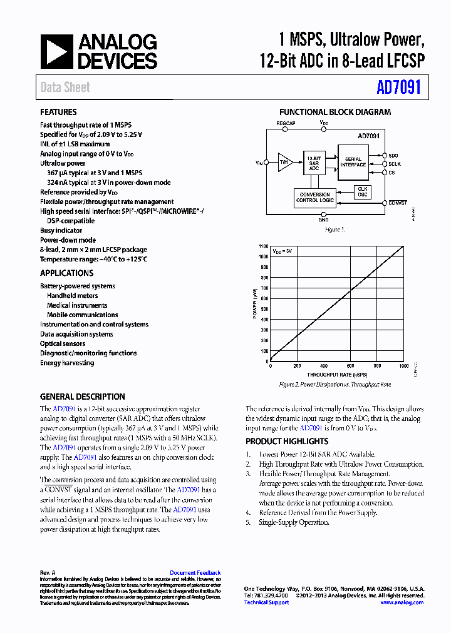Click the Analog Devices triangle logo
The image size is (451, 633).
(x=56, y=52)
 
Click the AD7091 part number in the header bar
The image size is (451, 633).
(x=399, y=88)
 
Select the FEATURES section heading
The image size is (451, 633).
(x=58, y=113)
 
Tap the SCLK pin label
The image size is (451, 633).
(x=395, y=163)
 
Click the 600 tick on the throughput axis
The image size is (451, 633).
(x=351, y=366)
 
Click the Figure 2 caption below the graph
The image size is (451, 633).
(x=334, y=385)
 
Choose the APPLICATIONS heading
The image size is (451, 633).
(x=66, y=273)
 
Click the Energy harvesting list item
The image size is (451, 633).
(x=67, y=363)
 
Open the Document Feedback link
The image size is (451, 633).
(x=195, y=573)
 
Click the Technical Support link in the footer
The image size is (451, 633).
(x=266, y=602)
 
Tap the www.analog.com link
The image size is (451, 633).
(x=402, y=602)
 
